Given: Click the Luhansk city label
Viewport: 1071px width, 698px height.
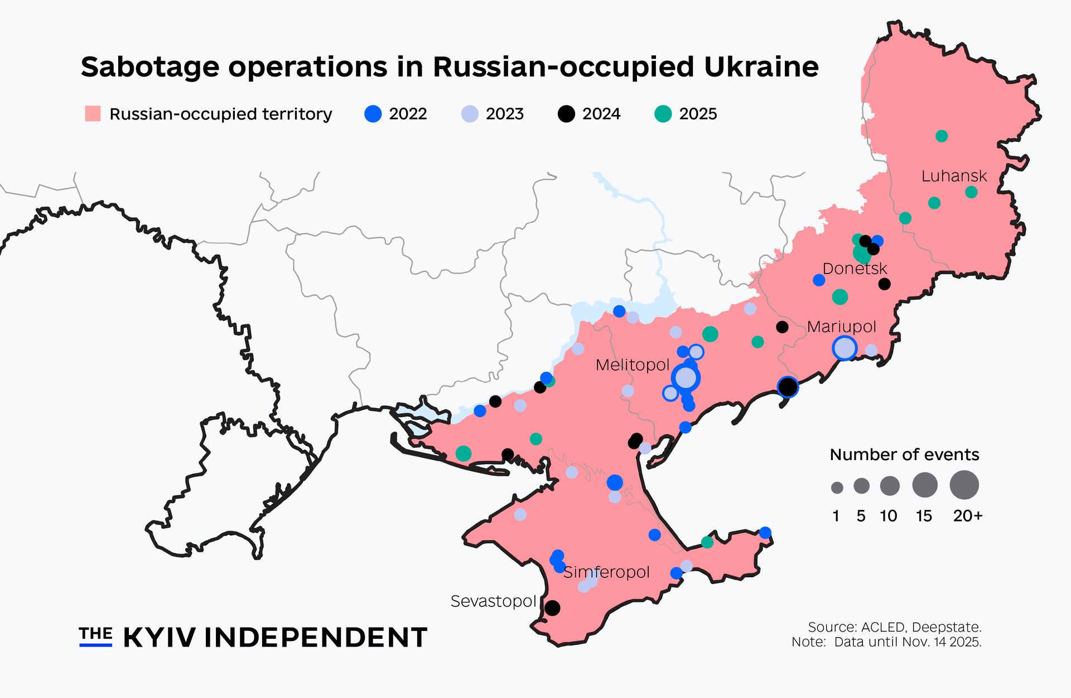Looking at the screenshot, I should (x=954, y=176).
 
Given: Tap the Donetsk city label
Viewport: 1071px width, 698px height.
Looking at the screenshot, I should (x=854, y=269).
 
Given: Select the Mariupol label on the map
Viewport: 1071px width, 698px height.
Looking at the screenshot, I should (x=841, y=327).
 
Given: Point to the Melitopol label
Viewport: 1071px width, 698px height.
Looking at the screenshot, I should (x=632, y=365).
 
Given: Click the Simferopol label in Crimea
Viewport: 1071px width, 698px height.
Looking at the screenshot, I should (x=607, y=572).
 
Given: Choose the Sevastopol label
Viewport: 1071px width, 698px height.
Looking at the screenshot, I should (x=493, y=601).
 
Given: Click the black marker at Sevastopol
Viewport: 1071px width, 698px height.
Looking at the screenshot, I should (x=552, y=608).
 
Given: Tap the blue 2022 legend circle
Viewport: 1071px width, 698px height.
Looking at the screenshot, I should (x=373, y=114).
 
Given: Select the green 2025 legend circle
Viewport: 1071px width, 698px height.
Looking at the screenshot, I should (x=663, y=114).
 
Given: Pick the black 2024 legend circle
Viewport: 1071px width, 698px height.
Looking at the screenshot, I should (x=566, y=114).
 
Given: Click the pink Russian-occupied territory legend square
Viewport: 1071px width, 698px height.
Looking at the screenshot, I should (x=93, y=114).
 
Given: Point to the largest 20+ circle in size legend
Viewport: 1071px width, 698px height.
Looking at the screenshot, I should (x=964, y=485).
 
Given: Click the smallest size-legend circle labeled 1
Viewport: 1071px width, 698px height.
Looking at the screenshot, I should (x=837, y=488).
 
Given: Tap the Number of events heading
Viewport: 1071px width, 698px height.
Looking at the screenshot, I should (x=904, y=455).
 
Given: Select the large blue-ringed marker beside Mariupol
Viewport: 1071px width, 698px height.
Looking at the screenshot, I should (x=845, y=348).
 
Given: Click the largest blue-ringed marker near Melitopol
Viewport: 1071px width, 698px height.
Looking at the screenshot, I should (x=686, y=378).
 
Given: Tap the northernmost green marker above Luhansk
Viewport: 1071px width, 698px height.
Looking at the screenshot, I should (x=942, y=136).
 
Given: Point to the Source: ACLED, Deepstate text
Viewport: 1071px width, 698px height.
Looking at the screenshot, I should (x=894, y=627).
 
